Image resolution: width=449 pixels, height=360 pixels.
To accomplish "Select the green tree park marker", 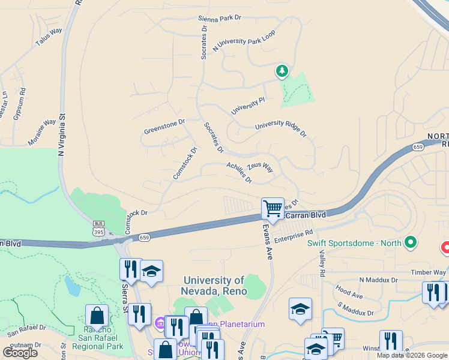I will pyautogui.click(x=282, y=71).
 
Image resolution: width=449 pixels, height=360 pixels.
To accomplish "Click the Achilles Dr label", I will pyautogui.click(x=239, y=172).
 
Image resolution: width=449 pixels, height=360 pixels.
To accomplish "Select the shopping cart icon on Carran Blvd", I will pyautogui.click(x=273, y=209).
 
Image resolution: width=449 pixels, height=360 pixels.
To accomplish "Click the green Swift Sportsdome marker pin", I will pyautogui.click(x=411, y=242).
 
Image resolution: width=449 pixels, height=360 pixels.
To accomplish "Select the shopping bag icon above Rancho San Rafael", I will pyautogui.click(x=97, y=316).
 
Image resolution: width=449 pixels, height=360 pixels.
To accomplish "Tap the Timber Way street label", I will pyautogui.click(x=429, y=272).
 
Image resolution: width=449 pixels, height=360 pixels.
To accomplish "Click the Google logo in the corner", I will pyautogui.click(x=20, y=352).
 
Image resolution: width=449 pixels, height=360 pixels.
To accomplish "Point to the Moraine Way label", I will pyautogui.click(x=41, y=132).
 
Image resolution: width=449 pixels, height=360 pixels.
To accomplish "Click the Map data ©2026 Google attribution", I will pyautogui.click(x=411, y=355).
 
